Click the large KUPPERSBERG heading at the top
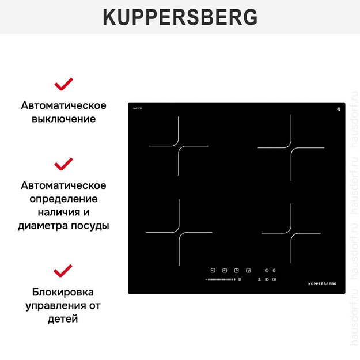coord(180,17)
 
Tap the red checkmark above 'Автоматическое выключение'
coord(63,84)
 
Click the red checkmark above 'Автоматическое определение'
coord(63,164)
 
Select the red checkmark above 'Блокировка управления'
coord(63,270)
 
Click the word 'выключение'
coord(63,119)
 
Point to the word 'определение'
coord(63,199)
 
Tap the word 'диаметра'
coord(42,226)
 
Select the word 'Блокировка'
coord(63,291)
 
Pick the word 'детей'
coord(63,318)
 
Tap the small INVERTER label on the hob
coord(138,108)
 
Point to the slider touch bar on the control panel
coord(218,280)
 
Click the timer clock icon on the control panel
coord(267,270)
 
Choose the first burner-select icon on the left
coord(213,270)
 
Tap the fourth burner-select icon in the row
coord(248,270)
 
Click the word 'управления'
coord(52,305)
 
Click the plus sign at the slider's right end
coord(234,280)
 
